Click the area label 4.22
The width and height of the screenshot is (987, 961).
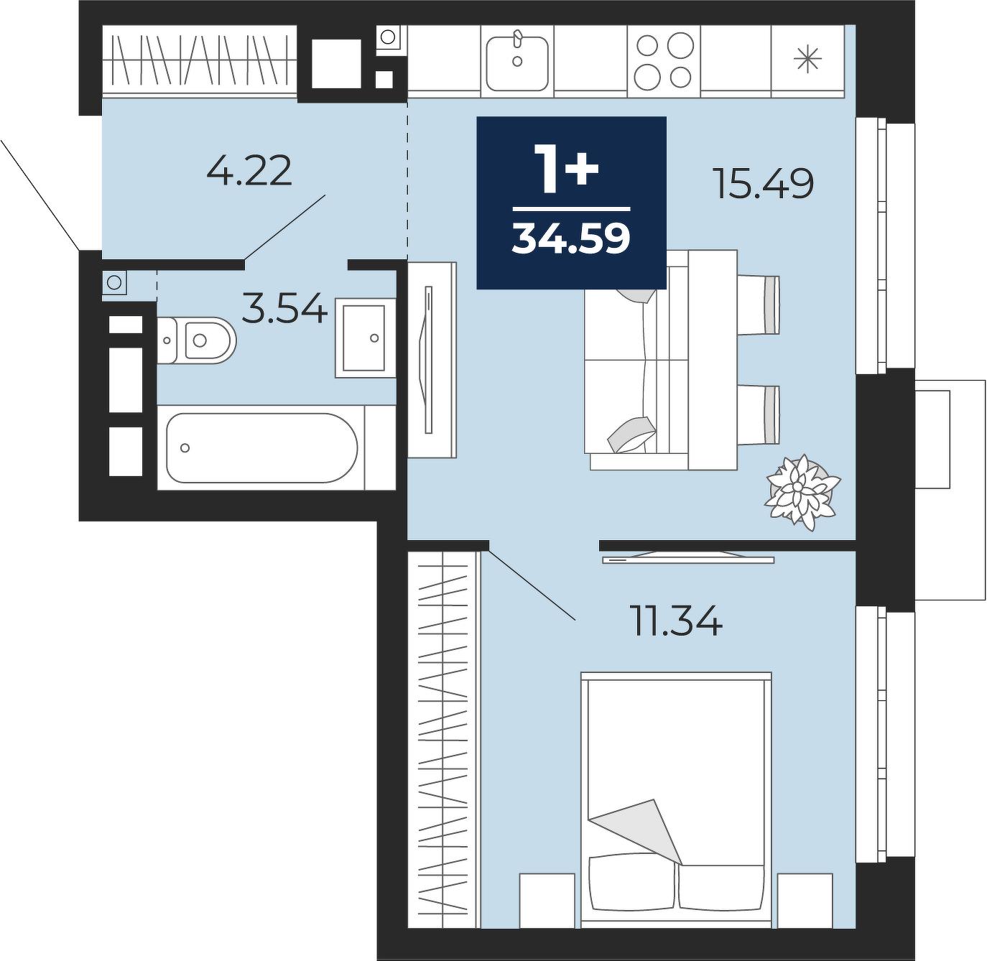(249, 170)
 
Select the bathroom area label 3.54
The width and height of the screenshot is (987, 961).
(284, 308)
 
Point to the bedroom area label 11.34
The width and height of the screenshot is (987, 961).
(675, 621)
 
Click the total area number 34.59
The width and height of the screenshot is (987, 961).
(571, 238)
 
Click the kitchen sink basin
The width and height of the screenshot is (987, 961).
(516, 63)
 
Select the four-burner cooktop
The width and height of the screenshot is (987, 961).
(664, 61)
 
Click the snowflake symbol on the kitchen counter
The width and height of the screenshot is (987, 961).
(807, 60)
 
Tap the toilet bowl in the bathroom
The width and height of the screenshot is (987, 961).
(197, 340)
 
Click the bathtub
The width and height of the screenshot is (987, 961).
(261, 447)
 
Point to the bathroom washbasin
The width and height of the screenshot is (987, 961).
(365, 338)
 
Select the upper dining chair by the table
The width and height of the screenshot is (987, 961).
(758, 305)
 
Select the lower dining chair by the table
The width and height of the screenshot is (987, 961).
(758, 415)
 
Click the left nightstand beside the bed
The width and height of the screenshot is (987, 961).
(547, 900)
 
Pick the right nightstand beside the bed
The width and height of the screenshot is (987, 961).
(805, 900)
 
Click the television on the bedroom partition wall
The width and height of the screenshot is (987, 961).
(688, 558)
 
